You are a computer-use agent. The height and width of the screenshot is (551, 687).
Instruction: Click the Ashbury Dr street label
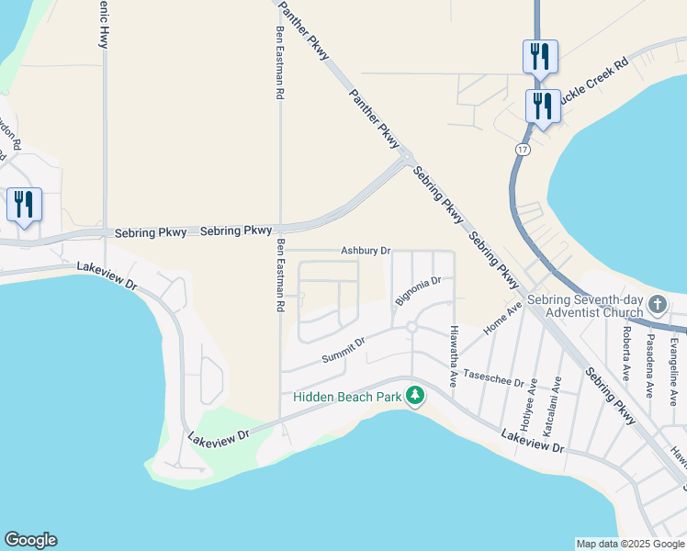coord(366,250)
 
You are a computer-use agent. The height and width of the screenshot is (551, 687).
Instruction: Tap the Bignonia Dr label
coord(419,291)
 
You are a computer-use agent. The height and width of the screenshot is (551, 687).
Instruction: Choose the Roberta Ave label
coord(626,348)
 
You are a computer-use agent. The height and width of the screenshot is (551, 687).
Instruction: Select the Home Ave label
coord(501,318)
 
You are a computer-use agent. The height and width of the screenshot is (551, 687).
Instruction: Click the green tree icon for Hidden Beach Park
coord(416,396)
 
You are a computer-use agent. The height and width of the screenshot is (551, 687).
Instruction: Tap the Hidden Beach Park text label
coord(348,397)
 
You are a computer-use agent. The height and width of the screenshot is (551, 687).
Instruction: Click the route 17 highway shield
coord(522,149)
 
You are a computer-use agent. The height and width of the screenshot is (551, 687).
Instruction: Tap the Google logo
coord(30,540)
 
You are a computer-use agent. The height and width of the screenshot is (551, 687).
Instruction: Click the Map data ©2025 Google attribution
coord(629,544)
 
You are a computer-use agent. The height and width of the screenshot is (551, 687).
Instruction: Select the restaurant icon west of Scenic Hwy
coord(24,204)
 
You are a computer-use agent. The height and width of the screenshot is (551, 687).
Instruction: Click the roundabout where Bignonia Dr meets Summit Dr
coord(411,327)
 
